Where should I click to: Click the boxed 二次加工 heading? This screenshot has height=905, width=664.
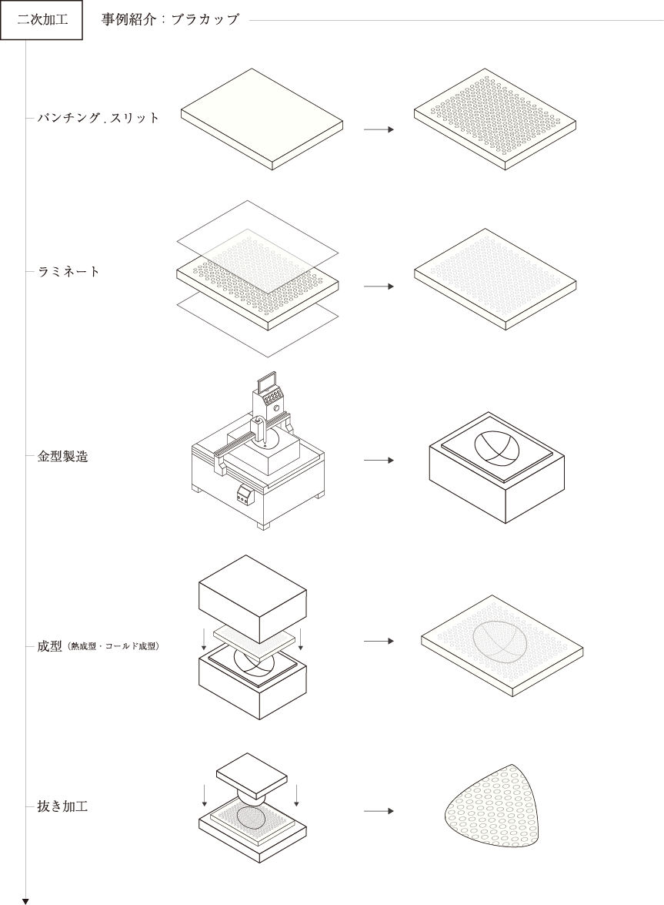(42, 20)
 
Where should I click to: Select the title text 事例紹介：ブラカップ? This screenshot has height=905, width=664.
(170, 19)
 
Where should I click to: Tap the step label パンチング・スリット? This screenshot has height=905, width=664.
(98, 119)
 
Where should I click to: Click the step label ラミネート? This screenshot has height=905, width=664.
(68, 272)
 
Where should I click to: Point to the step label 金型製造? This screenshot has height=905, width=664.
(63, 456)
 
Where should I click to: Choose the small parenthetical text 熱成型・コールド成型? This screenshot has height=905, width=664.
(114, 646)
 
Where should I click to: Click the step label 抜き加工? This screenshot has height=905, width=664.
(63, 806)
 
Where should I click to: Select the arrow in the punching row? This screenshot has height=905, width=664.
(379, 129)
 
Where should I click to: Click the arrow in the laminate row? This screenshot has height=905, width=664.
(379, 287)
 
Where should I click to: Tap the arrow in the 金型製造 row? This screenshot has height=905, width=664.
(379, 461)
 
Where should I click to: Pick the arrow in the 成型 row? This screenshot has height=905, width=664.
(379, 642)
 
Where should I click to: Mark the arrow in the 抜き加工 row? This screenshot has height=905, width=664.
(379, 811)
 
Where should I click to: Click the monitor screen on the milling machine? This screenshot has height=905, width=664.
(266, 382)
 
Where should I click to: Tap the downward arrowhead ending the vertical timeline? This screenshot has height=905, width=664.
(25, 901)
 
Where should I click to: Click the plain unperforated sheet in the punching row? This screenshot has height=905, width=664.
(262, 119)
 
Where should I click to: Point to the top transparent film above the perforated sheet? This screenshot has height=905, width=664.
(256, 247)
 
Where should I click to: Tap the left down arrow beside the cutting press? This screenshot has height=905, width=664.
(205, 795)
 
